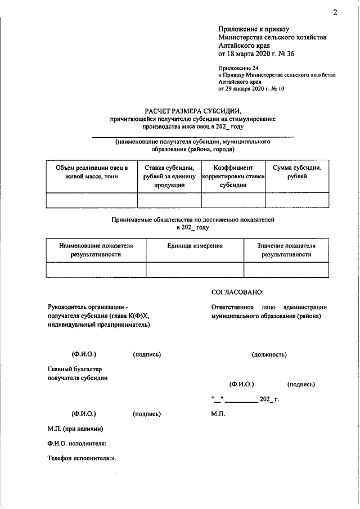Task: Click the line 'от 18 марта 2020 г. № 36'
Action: click(x=256, y=55)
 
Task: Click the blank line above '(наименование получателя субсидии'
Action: click(x=192, y=137)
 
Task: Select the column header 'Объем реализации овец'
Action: click(x=91, y=172)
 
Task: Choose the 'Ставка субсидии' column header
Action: click(x=169, y=176)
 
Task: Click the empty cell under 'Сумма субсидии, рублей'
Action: click(x=297, y=200)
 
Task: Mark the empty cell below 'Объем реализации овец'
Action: click(x=91, y=200)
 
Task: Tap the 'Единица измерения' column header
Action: click(x=195, y=246)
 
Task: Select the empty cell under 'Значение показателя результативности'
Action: click(x=286, y=270)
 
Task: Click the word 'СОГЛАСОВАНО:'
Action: click(x=237, y=292)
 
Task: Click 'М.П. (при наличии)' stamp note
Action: click(x=75, y=429)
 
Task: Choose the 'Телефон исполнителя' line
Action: click(x=82, y=458)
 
